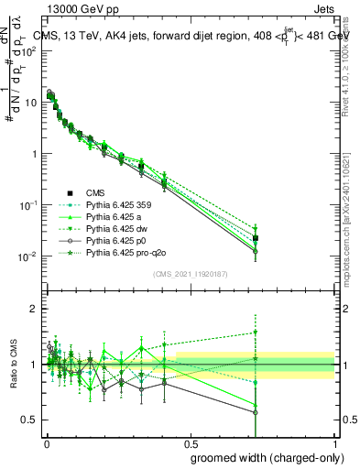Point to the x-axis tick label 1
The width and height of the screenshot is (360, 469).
click(334, 442)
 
